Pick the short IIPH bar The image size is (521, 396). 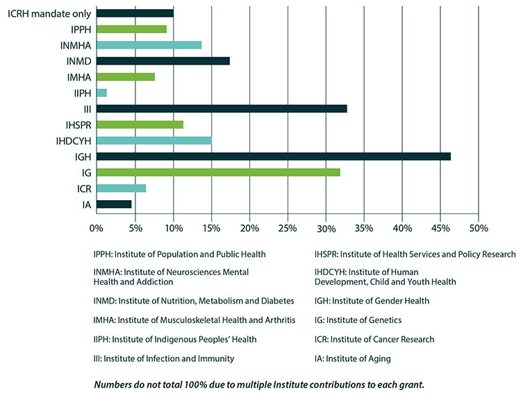tap(101, 92)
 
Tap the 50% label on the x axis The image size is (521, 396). tap(479, 228)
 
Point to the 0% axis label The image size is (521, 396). tap(96, 228)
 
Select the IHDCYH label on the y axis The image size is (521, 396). tap(74, 140)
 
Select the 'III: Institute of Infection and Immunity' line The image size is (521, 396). tap(163, 358)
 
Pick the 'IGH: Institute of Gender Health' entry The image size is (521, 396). tap(372, 301)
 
